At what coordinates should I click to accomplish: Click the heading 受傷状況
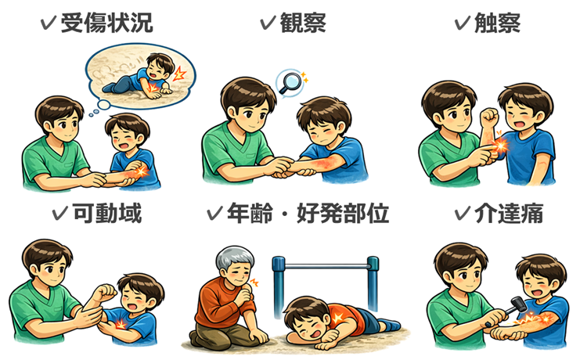[106, 23]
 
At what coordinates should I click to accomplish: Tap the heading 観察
[303, 23]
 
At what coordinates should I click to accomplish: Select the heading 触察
[497, 23]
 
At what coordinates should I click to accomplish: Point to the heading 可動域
[107, 213]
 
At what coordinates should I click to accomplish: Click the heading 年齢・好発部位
[308, 213]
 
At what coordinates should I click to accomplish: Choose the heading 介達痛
[509, 213]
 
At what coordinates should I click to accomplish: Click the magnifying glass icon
[290, 83]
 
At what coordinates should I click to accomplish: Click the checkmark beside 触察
[462, 23]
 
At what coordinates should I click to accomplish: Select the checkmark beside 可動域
[60, 213]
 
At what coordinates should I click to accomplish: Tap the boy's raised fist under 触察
[490, 117]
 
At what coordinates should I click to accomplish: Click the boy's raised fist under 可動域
[105, 293]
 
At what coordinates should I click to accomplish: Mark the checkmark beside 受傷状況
[48, 23]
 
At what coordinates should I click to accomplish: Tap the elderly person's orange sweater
[223, 305]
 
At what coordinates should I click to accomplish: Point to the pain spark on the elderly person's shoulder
[255, 283]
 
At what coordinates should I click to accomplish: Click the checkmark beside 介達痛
[463, 213]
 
